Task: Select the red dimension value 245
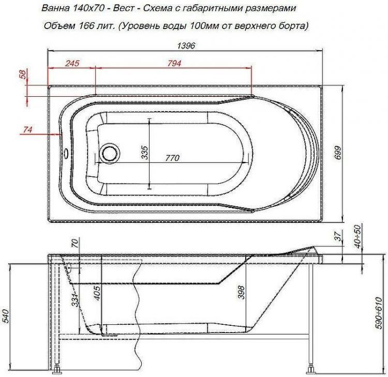pyautogui.click(x=72, y=64)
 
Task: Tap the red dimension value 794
pyautogui.click(x=174, y=64)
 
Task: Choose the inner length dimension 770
pyautogui.click(x=173, y=158)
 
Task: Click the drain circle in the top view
pyautogui.click(x=110, y=153)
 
